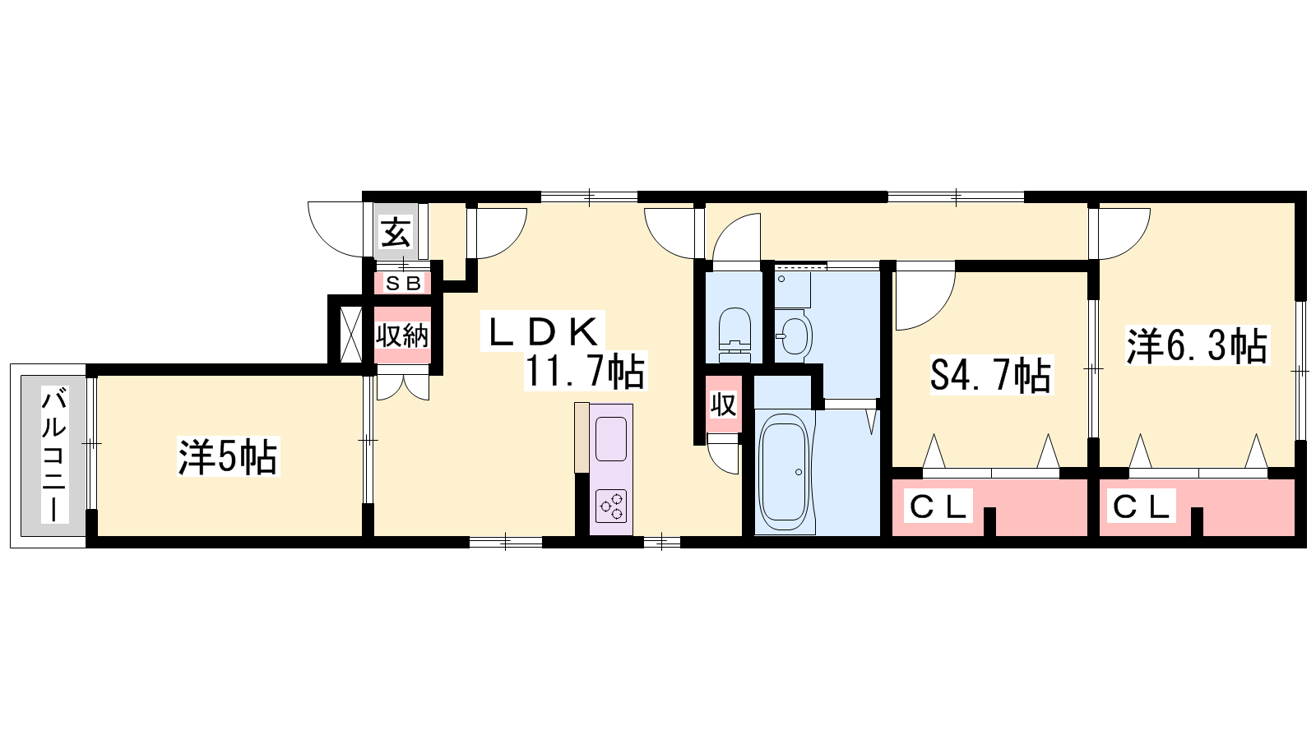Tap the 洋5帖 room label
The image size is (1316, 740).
[228, 456]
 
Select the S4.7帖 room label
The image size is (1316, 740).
[990, 375]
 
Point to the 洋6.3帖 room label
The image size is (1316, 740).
[1197, 346]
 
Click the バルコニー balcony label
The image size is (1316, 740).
[54, 454]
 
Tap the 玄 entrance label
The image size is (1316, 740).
[396, 233]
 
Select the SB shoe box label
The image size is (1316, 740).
[403, 284]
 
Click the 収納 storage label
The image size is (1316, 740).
[402, 335]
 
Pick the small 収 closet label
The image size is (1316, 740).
[723, 405]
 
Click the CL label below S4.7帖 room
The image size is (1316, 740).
[938, 506]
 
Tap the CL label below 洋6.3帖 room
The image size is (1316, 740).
[1142, 506]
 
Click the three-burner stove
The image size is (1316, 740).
[611, 505]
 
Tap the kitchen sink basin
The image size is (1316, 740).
[611, 439]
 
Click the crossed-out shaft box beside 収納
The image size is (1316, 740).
[351, 334]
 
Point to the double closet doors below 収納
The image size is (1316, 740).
[403, 387]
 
